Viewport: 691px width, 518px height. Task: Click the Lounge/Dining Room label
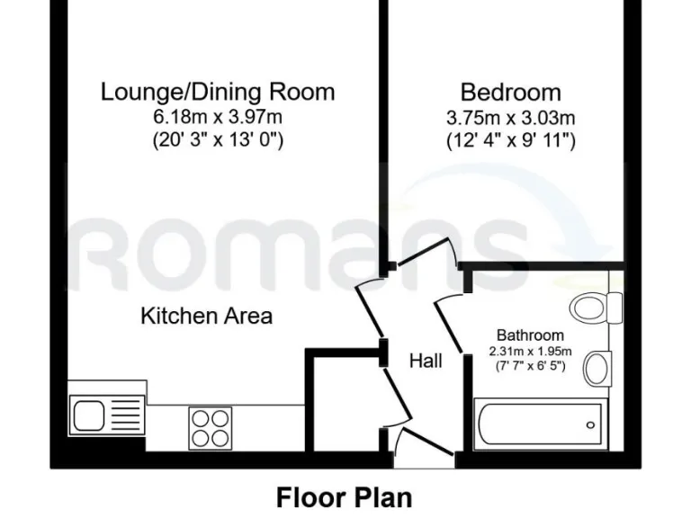(x=218, y=92)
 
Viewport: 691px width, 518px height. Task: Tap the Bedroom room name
(x=510, y=92)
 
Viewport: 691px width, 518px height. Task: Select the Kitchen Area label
(x=206, y=317)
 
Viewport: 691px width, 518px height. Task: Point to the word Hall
(x=426, y=362)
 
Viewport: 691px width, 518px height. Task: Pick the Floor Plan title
(x=345, y=496)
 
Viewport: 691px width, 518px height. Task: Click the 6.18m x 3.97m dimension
(x=218, y=117)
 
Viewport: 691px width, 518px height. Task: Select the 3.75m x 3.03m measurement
(x=510, y=117)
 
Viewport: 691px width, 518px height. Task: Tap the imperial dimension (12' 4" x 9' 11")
(x=510, y=140)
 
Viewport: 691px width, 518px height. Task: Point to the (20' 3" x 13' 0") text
(x=218, y=140)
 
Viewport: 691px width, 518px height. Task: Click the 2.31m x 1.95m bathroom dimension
(x=531, y=351)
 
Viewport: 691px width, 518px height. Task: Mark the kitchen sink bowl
(x=89, y=416)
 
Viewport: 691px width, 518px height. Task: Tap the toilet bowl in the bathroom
(x=591, y=308)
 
